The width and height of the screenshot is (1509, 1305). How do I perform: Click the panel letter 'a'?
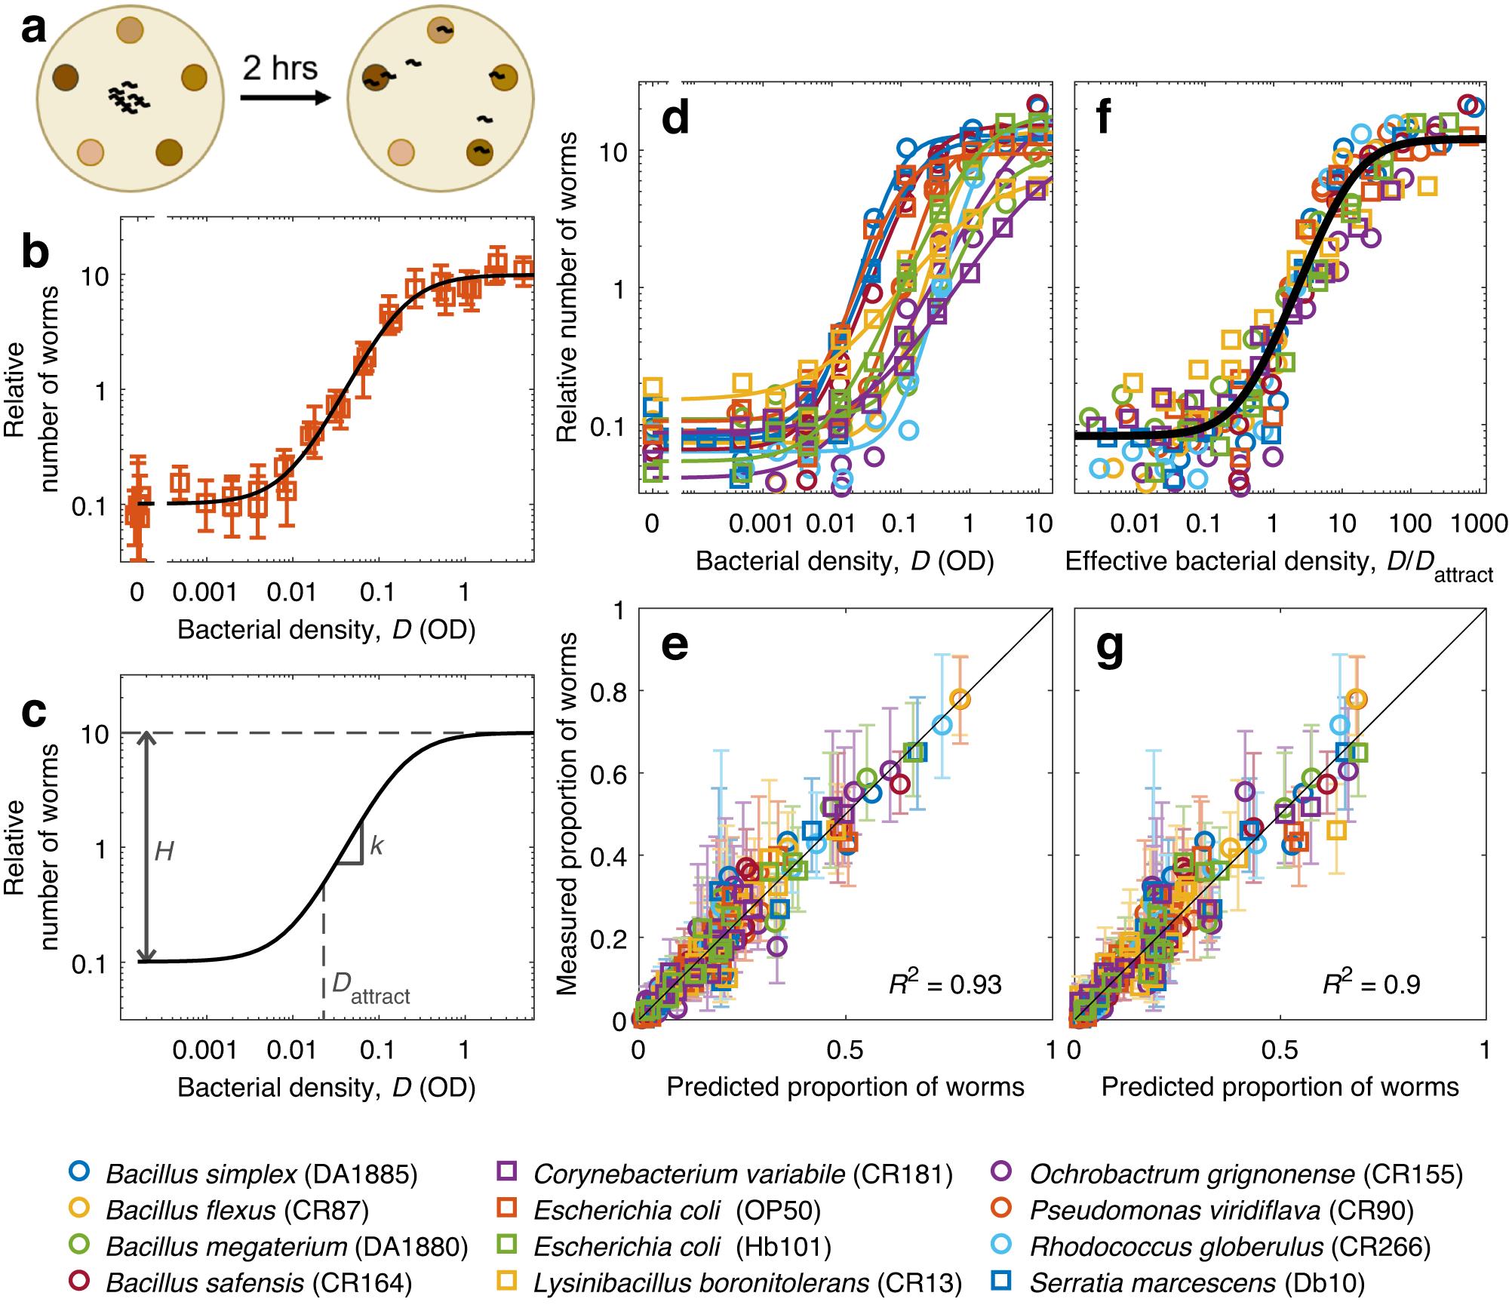tap(33, 30)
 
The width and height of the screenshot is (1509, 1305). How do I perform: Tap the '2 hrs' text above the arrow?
tap(280, 69)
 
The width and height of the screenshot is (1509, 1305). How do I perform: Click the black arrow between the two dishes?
tap(285, 97)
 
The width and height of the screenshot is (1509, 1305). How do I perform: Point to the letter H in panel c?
tap(164, 852)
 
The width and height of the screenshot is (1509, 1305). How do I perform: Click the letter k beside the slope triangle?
tap(376, 846)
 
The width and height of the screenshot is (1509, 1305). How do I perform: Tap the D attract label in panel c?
tap(370, 988)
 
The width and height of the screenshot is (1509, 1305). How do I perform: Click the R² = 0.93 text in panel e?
tap(945, 984)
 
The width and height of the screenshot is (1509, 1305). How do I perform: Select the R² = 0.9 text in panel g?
tap(1371, 984)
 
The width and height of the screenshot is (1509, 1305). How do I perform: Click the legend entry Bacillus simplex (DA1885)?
tap(261, 1174)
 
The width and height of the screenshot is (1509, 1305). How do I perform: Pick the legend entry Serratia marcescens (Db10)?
tap(1197, 1282)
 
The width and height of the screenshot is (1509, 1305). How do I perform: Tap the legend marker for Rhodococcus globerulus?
tap(1002, 1245)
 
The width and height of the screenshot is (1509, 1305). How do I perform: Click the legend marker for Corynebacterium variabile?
tap(507, 1171)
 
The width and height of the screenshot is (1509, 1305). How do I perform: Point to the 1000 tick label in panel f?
tap(1479, 524)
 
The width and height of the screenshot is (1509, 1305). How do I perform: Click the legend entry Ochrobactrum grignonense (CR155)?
tap(1246, 1174)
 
